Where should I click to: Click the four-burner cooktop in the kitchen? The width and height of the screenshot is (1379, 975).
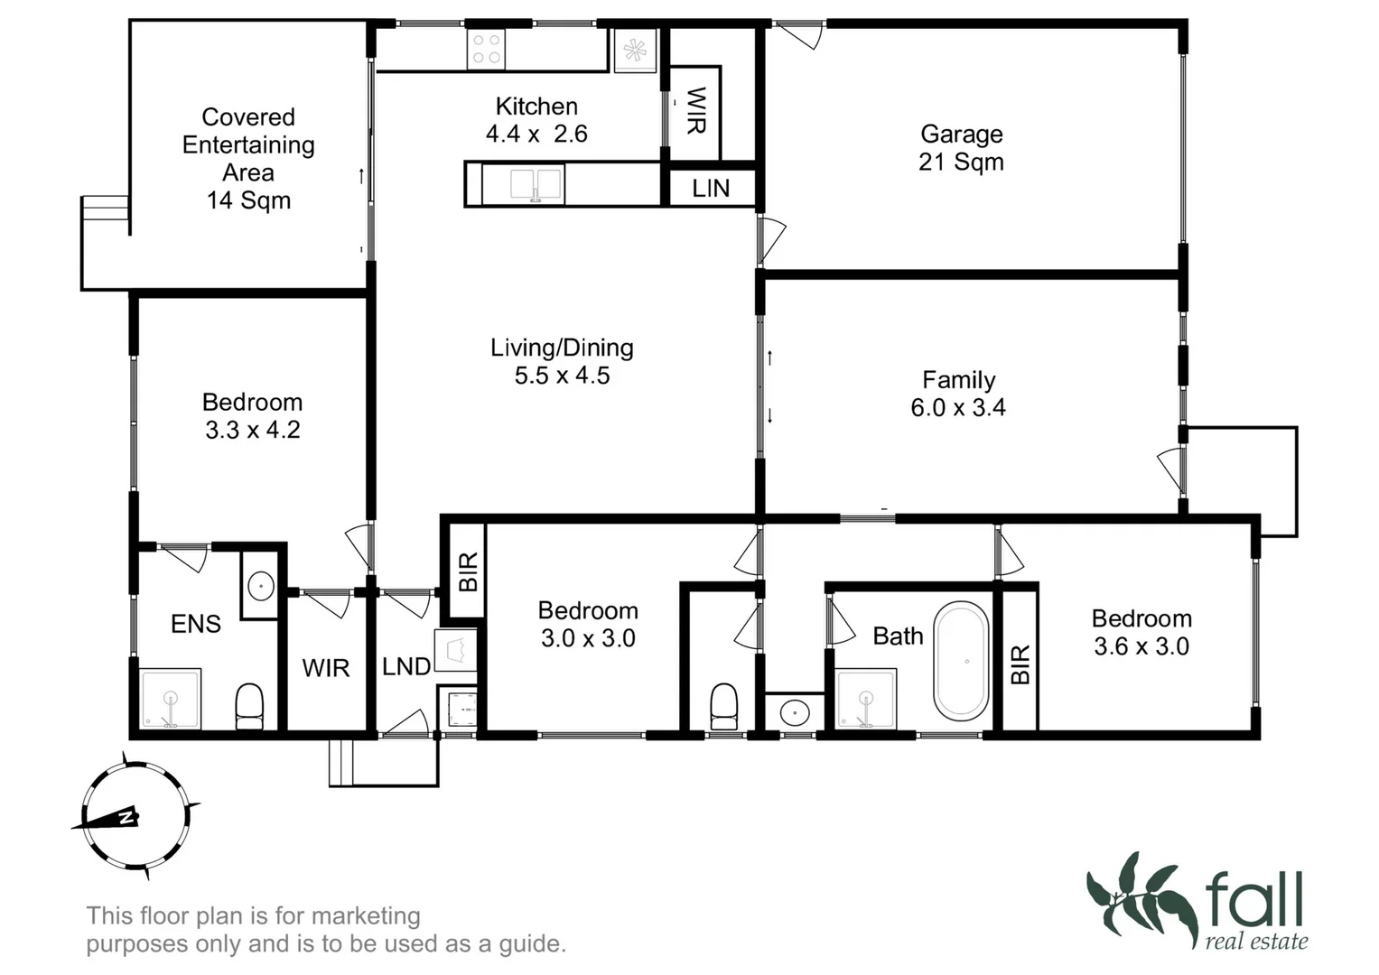point(486,49)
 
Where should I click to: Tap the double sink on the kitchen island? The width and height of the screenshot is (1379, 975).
point(536,185)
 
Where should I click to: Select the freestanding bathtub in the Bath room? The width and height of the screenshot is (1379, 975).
point(961,661)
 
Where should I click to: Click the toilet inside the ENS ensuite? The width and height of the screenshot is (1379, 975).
point(249,705)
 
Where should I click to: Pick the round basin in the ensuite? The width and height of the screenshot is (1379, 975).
point(260,587)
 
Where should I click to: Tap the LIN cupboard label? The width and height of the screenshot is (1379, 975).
point(711,189)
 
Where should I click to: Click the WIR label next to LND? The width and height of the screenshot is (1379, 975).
point(326,668)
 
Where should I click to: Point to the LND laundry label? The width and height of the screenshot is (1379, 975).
point(405,667)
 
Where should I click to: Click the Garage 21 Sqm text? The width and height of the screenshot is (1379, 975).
point(961,148)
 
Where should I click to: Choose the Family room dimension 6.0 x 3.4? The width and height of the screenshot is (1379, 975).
point(957,408)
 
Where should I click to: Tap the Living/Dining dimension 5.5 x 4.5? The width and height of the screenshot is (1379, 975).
point(562,376)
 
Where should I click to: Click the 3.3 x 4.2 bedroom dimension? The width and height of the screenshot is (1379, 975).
point(252,430)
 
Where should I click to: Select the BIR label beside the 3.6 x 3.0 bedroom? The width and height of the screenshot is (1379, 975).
point(1020,664)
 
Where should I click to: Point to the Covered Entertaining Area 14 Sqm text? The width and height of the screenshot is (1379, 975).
point(248,158)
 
